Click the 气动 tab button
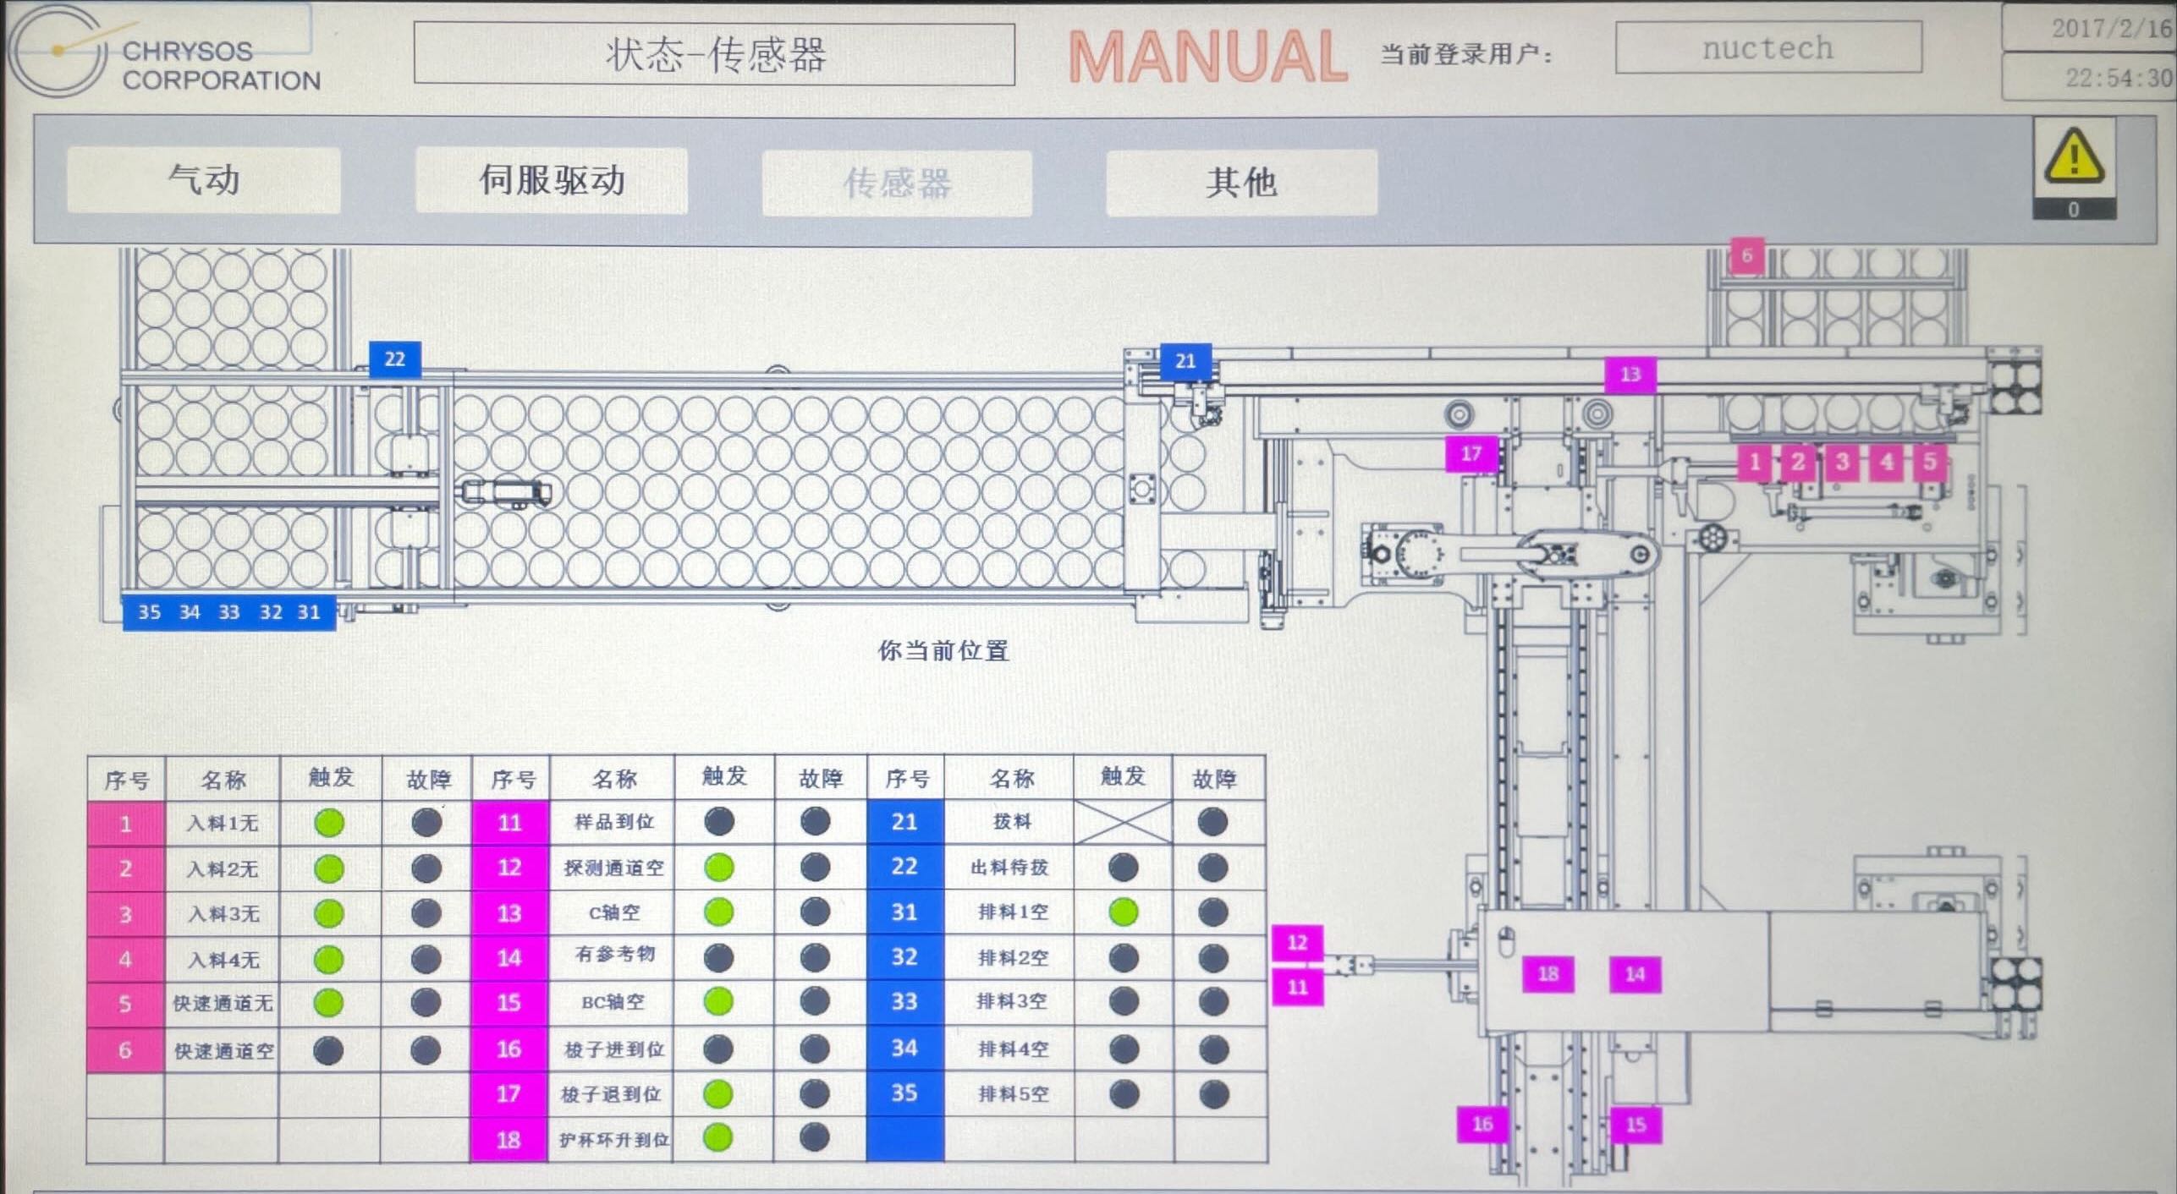(x=203, y=180)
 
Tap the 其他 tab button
(x=1241, y=183)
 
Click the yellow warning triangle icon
(x=2073, y=158)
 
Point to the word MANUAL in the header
(x=1207, y=57)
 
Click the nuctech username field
(x=1767, y=48)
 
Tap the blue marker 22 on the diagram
(x=395, y=359)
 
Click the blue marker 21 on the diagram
(x=1185, y=362)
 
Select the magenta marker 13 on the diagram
(x=1630, y=374)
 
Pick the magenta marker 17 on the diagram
(x=1471, y=454)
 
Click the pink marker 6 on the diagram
(x=1747, y=255)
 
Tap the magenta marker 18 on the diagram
(x=1548, y=974)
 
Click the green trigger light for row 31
(x=1124, y=912)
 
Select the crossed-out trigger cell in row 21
(x=1124, y=822)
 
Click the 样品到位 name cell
(x=613, y=822)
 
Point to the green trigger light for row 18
(x=718, y=1138)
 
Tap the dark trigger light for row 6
(x=328, y=1050)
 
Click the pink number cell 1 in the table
(x=125, y=824)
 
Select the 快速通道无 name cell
(x=223, y=1004)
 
